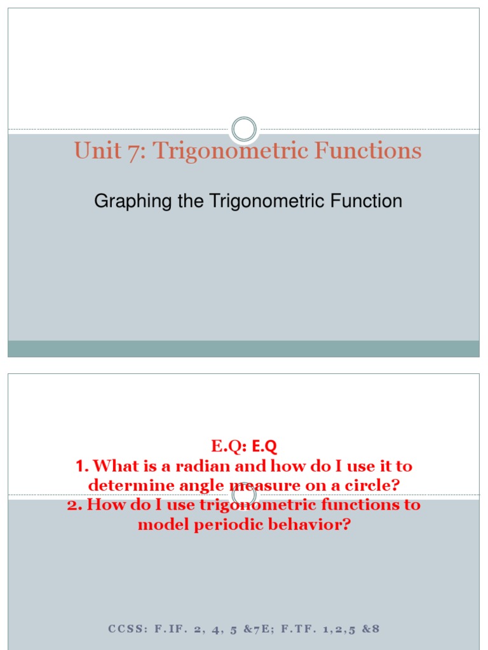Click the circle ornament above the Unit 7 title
click(243, 129)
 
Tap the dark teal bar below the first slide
click(243, 348)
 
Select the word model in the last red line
click(159, 525)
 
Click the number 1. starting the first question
click(82, 467)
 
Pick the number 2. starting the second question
click(74, 505)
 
